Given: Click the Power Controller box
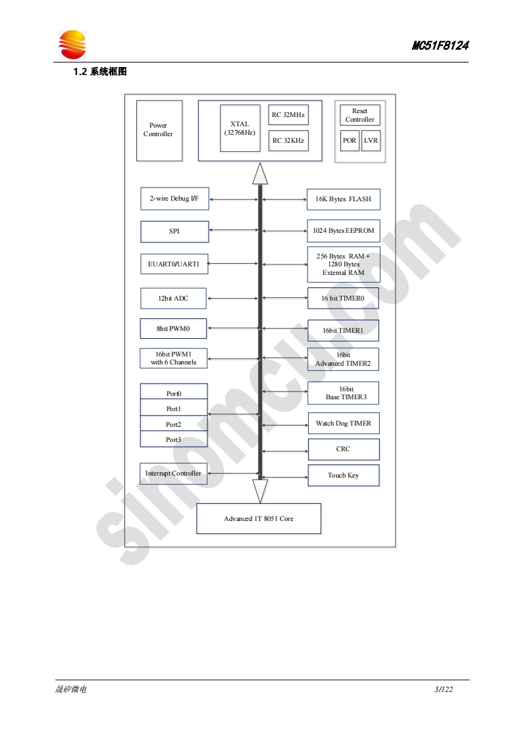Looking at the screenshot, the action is click(159, 130).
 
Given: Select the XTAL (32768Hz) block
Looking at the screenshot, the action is click(240, 128).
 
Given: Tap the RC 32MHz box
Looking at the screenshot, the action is click(288, 115).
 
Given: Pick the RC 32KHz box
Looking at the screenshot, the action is click(288, 140).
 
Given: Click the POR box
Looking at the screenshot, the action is click(350, 141).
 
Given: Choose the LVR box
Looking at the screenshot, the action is click(371, 141).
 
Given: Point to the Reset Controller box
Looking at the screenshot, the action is click(359, 115).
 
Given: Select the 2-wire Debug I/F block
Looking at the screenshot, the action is click(174, 199).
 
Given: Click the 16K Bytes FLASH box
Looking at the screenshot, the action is click(343, 199).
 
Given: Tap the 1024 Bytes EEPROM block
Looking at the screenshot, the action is click(343, 231).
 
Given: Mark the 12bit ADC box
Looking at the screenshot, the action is click(173, 299).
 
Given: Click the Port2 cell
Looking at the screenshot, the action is click(174, 424).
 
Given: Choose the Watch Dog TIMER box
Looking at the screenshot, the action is click(343, 424).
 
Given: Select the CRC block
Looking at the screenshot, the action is click(343, 449).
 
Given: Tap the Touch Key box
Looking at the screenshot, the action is click(343, 476).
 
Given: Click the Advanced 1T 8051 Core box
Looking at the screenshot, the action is click(259, 519).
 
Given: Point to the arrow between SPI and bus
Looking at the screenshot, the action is click(233, 230).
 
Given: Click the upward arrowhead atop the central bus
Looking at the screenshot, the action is click(260, 174).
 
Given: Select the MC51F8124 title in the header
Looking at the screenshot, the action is click(440, 46).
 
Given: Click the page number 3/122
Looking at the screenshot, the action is click(444, 689).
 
